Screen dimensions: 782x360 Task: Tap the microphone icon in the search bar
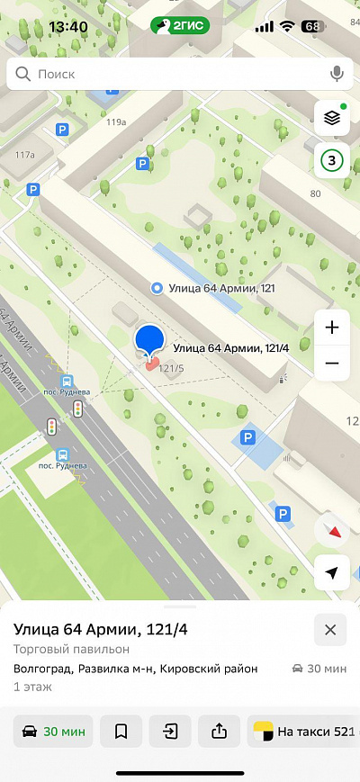click(x=337, y=74)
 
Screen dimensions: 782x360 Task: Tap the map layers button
click(x=332, y=118)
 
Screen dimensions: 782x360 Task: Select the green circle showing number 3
click(x=332, y=161)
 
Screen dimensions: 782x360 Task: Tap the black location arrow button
click(x=332, y=573)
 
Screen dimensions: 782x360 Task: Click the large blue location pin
click(x=150, y=341)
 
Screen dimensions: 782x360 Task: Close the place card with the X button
click(x=330, y=630)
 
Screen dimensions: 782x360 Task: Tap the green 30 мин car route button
click(x=53, y=732)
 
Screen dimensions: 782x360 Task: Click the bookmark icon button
click(x=121, y=732)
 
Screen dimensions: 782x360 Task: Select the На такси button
click(x=304, y=732)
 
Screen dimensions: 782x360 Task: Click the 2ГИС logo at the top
click(x=180, y=26)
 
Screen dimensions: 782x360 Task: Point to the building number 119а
click(x=116, y=121)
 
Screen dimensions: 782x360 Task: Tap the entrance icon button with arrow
click(x=170, y=732)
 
